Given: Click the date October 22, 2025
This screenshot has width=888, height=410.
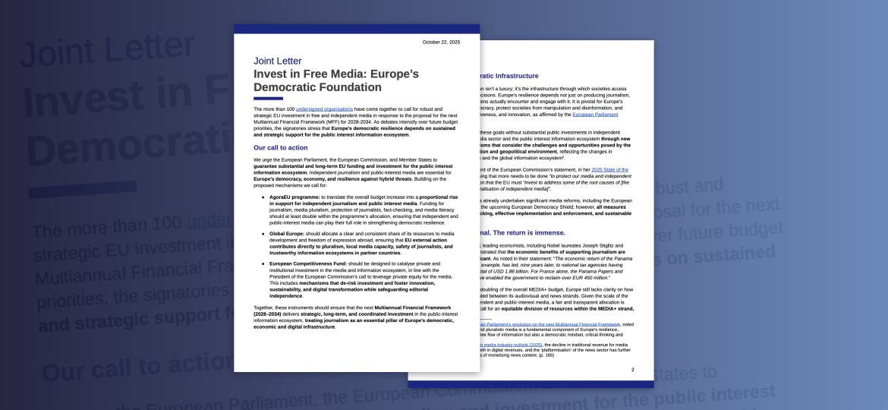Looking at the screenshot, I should pos(441,43).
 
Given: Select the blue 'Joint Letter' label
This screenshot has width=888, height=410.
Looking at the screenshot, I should pos(277,61).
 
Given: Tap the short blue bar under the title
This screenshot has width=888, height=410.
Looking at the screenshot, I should pos(268,99).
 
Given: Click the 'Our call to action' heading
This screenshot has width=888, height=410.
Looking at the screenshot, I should pos(281,147).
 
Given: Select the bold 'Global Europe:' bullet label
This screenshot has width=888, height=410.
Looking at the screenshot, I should pos(287,234).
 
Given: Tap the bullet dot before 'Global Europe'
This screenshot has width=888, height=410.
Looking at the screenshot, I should pos(263,234).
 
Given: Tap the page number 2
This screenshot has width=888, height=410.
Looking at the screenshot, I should pos(633,370).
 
